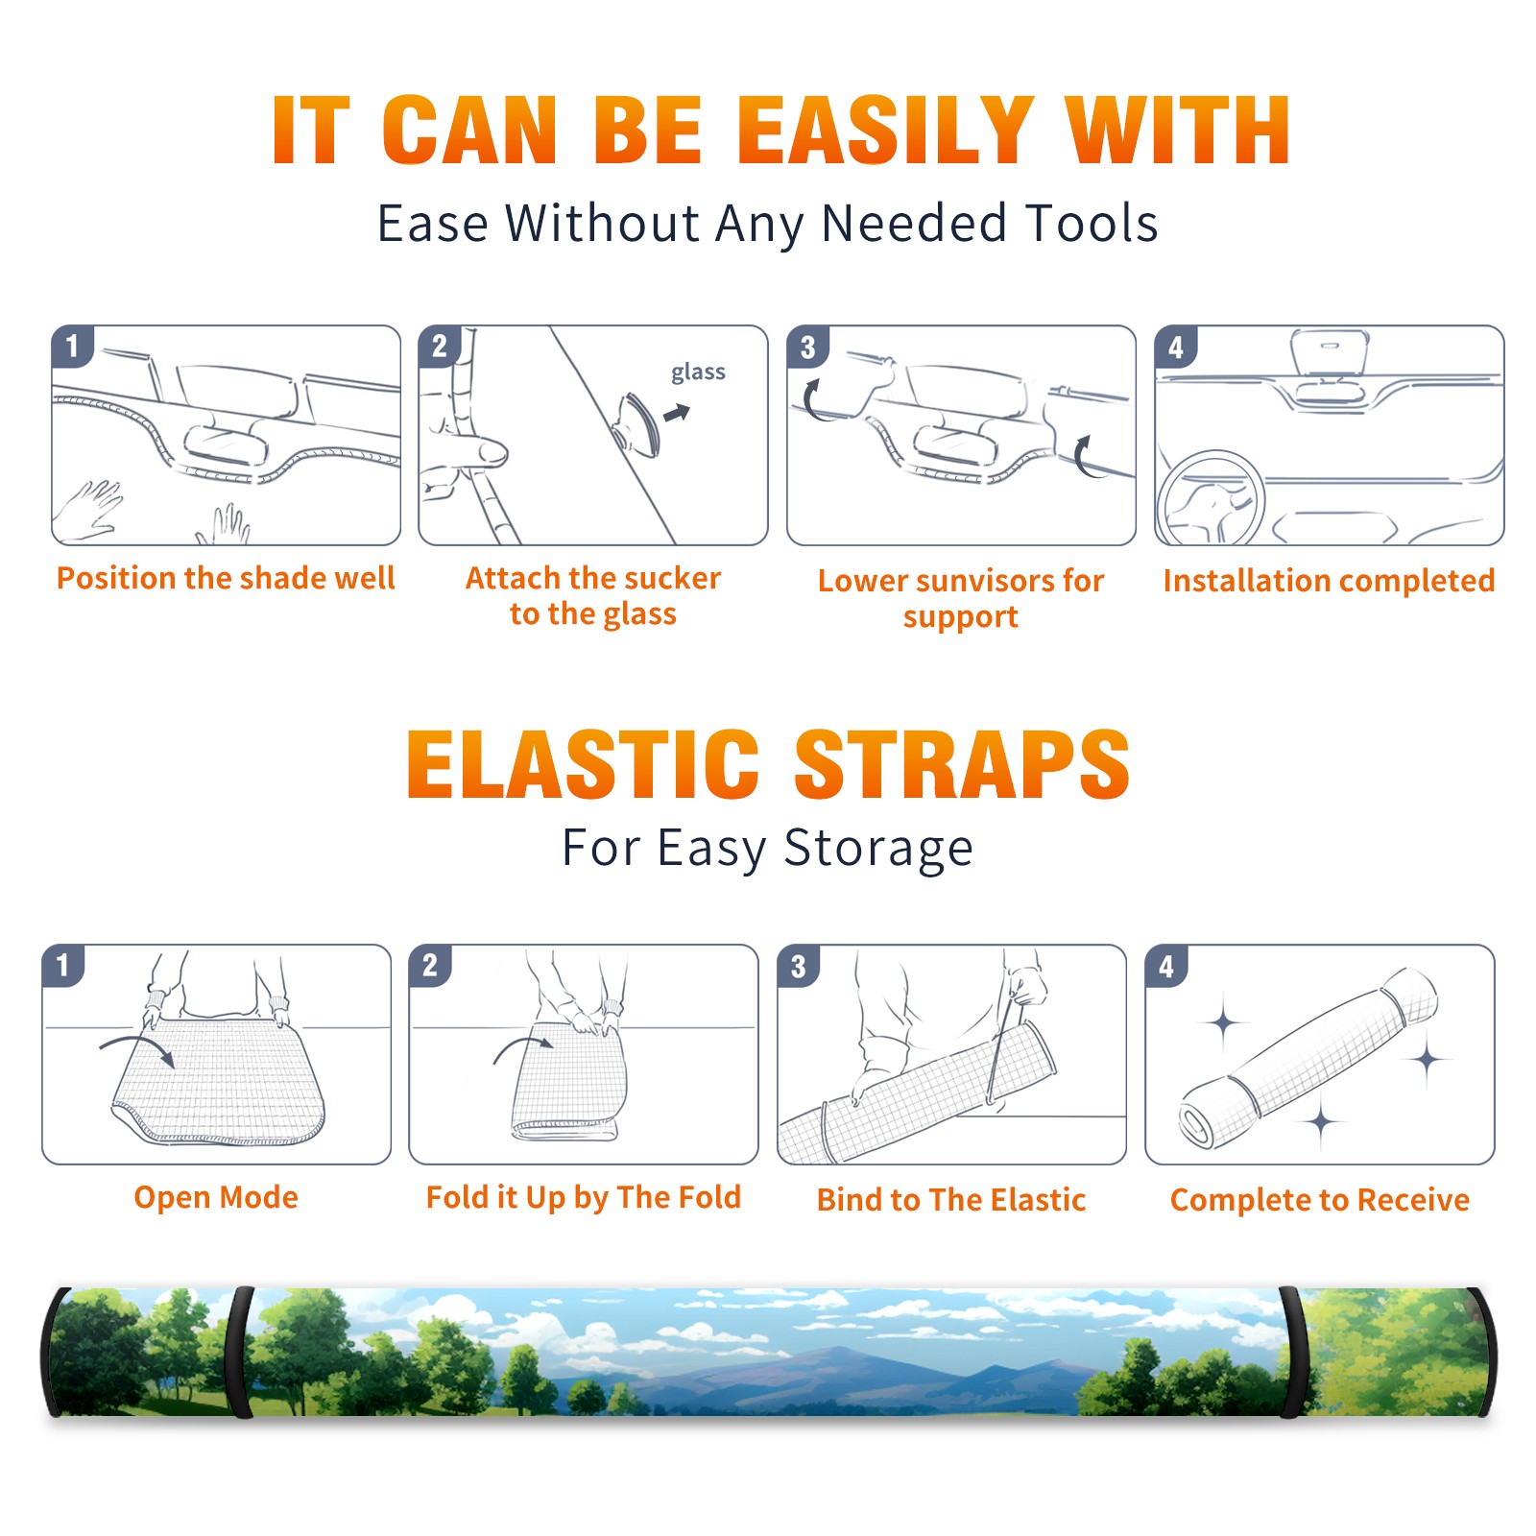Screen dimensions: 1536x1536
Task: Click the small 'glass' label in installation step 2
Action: coord(698,372)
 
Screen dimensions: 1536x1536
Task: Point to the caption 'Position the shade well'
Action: coord(226,578)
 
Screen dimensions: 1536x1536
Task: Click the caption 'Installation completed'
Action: coord(1329,580)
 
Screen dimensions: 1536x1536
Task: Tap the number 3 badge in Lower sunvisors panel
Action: coord(807,348)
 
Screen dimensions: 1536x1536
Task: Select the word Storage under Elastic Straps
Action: coord(877,849)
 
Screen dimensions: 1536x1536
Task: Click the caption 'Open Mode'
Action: coord(216,1197)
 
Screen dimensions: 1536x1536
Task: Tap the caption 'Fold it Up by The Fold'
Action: coord(583,1197)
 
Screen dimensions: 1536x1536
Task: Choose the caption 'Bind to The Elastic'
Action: coord(950,1199)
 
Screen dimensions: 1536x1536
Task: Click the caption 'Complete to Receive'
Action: coord(1319,1200)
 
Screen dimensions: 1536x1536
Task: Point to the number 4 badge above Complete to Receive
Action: coord(1165,966)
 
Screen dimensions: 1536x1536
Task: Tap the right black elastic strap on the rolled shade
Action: coord(1291,1352)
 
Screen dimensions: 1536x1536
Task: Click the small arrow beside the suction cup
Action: coord(677,413)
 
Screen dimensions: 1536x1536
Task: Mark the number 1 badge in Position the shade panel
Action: coord(72,346)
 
